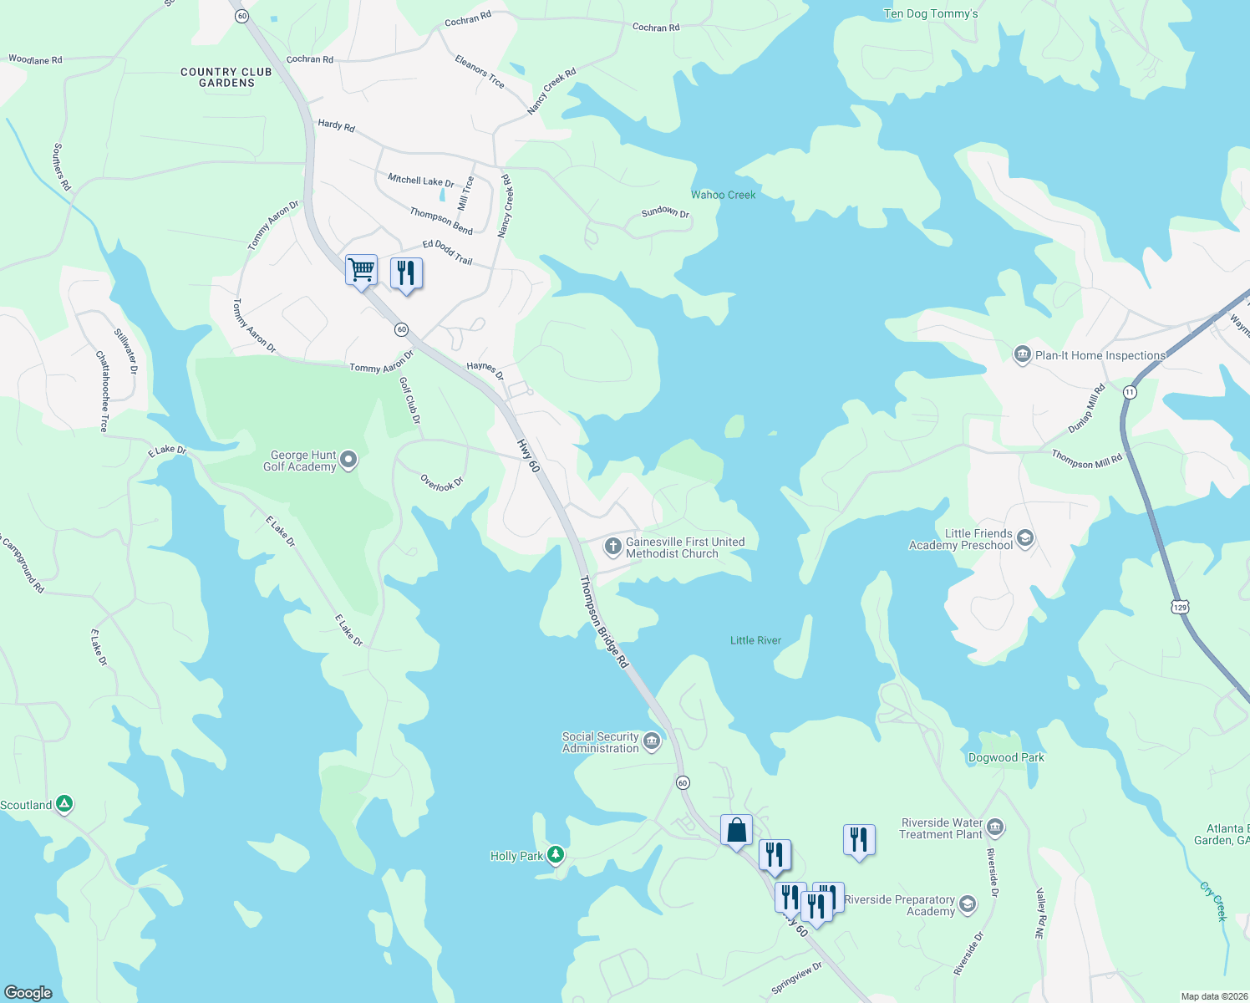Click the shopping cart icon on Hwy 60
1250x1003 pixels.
(361, 271)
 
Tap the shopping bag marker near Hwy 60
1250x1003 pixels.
(736, 831)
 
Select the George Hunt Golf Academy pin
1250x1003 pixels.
(349, 459)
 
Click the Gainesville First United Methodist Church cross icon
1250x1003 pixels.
(612, 547)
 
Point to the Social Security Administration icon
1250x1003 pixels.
(652, 741)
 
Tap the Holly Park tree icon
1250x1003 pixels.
(556, 855)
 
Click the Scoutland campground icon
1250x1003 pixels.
(64, 804)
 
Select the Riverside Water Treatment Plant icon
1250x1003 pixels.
(994, 827)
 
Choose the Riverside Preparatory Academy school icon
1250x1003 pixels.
(967, 904)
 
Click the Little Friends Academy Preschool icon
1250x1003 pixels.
(1025, 538)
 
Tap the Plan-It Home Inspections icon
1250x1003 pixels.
(1022, 355)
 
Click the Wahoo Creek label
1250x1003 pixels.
(723, 195)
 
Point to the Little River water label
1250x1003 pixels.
(755, 640)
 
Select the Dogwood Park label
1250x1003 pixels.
(1006, 757)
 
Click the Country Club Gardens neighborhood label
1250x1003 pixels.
(226, 77)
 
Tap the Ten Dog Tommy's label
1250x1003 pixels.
(931, 13)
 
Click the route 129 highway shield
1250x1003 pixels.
(1180, 608)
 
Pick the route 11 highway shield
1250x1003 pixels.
(1130, 392)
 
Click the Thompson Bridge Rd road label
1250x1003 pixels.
(603, 622)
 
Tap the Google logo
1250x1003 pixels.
(28, 992)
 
